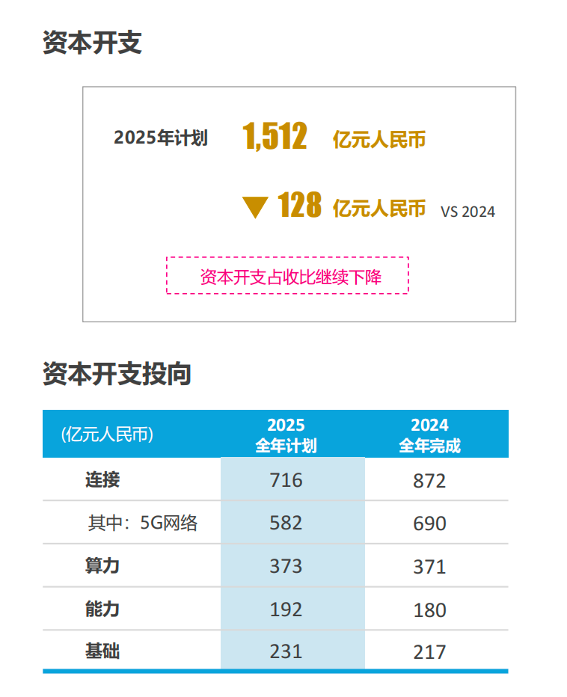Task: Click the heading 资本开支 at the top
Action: tap(92, 43)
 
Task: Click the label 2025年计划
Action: tap(160, 138)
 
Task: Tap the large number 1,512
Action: tap(275, 138)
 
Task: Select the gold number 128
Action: tap(299, 206)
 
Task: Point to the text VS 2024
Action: tap(468, 212)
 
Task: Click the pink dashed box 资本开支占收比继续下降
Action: tap(287, 276)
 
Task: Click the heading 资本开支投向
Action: tap(117, 374)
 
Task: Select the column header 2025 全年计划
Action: tap(286, 435)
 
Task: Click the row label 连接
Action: tap(102, 479)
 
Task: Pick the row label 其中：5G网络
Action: tap(143, 523)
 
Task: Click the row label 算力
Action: tap(102, 565)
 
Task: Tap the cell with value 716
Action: tap(286, 479)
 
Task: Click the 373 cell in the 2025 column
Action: tap(286, 566)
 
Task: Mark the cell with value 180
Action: tap(429, 610)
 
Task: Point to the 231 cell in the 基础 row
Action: tap(286, 651)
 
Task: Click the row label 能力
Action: tap(102, 609)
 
